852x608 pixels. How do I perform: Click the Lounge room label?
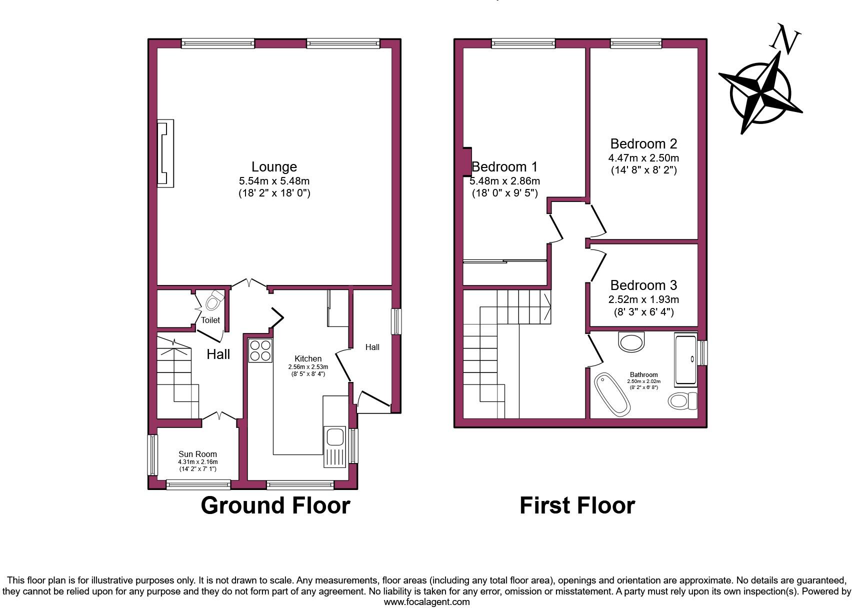tap(274, 167)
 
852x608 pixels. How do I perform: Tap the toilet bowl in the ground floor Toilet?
tap(214, 301)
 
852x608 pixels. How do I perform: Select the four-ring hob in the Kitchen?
tap(260, 350)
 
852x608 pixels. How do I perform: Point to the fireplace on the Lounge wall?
tap(165, 153)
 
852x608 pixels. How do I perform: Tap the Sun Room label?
tap(197, 454)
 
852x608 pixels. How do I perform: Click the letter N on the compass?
tap(786, 40)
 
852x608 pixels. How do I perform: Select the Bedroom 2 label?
tap(643, 144)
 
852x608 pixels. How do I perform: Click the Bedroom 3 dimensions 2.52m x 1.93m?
tap(643, 299)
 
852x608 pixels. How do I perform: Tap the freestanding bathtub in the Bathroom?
tap(611, 394)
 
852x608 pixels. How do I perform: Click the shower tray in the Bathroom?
tap(685, 359)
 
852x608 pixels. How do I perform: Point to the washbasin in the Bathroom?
tap(632, 342)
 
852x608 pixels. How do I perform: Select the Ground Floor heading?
tap(275, 505)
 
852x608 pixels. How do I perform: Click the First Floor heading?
tap(577, 505)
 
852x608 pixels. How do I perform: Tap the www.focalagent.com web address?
tap(426, 602)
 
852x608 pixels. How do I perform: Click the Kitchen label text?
tap(308, 358)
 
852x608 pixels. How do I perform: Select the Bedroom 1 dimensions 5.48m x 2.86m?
tap(505, 181)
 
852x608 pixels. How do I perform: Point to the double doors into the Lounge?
tap(249, 284)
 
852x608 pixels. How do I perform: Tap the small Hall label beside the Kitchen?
tap(372, 347)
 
